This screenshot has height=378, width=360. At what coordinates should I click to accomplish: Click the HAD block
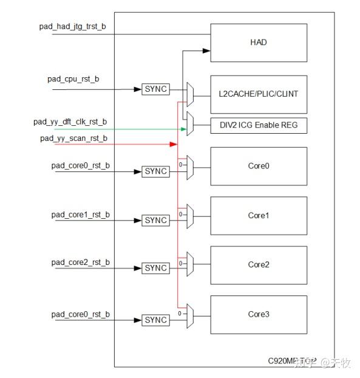click(259, 43)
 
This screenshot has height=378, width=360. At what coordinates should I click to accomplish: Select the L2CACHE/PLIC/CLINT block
click(259, 94)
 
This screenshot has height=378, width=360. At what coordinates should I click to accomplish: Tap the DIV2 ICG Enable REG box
click(259, 126)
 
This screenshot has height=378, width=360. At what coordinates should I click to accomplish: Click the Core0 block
click(259, 166)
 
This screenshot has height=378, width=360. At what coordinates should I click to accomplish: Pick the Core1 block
click(259, 215)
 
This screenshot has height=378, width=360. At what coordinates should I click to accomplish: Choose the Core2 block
click(259, 264)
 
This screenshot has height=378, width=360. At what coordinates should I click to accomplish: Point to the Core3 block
click(259, 314)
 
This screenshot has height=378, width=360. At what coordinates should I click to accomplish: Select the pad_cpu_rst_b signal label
click(73, 79)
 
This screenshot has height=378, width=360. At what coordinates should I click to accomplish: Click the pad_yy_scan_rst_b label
click(73, 139)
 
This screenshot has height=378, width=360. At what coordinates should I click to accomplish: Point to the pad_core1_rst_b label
click(81, 215)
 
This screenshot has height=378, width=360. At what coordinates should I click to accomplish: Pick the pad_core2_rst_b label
click(81, 262)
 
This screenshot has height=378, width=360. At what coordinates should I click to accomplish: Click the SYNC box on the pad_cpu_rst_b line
click(155, 89)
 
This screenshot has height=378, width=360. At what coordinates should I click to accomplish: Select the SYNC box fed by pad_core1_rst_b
click(155, 220)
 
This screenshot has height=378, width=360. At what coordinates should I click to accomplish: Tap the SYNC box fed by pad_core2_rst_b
click(155, 268)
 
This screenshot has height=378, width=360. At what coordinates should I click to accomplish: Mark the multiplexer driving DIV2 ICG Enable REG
click(190, 124)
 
